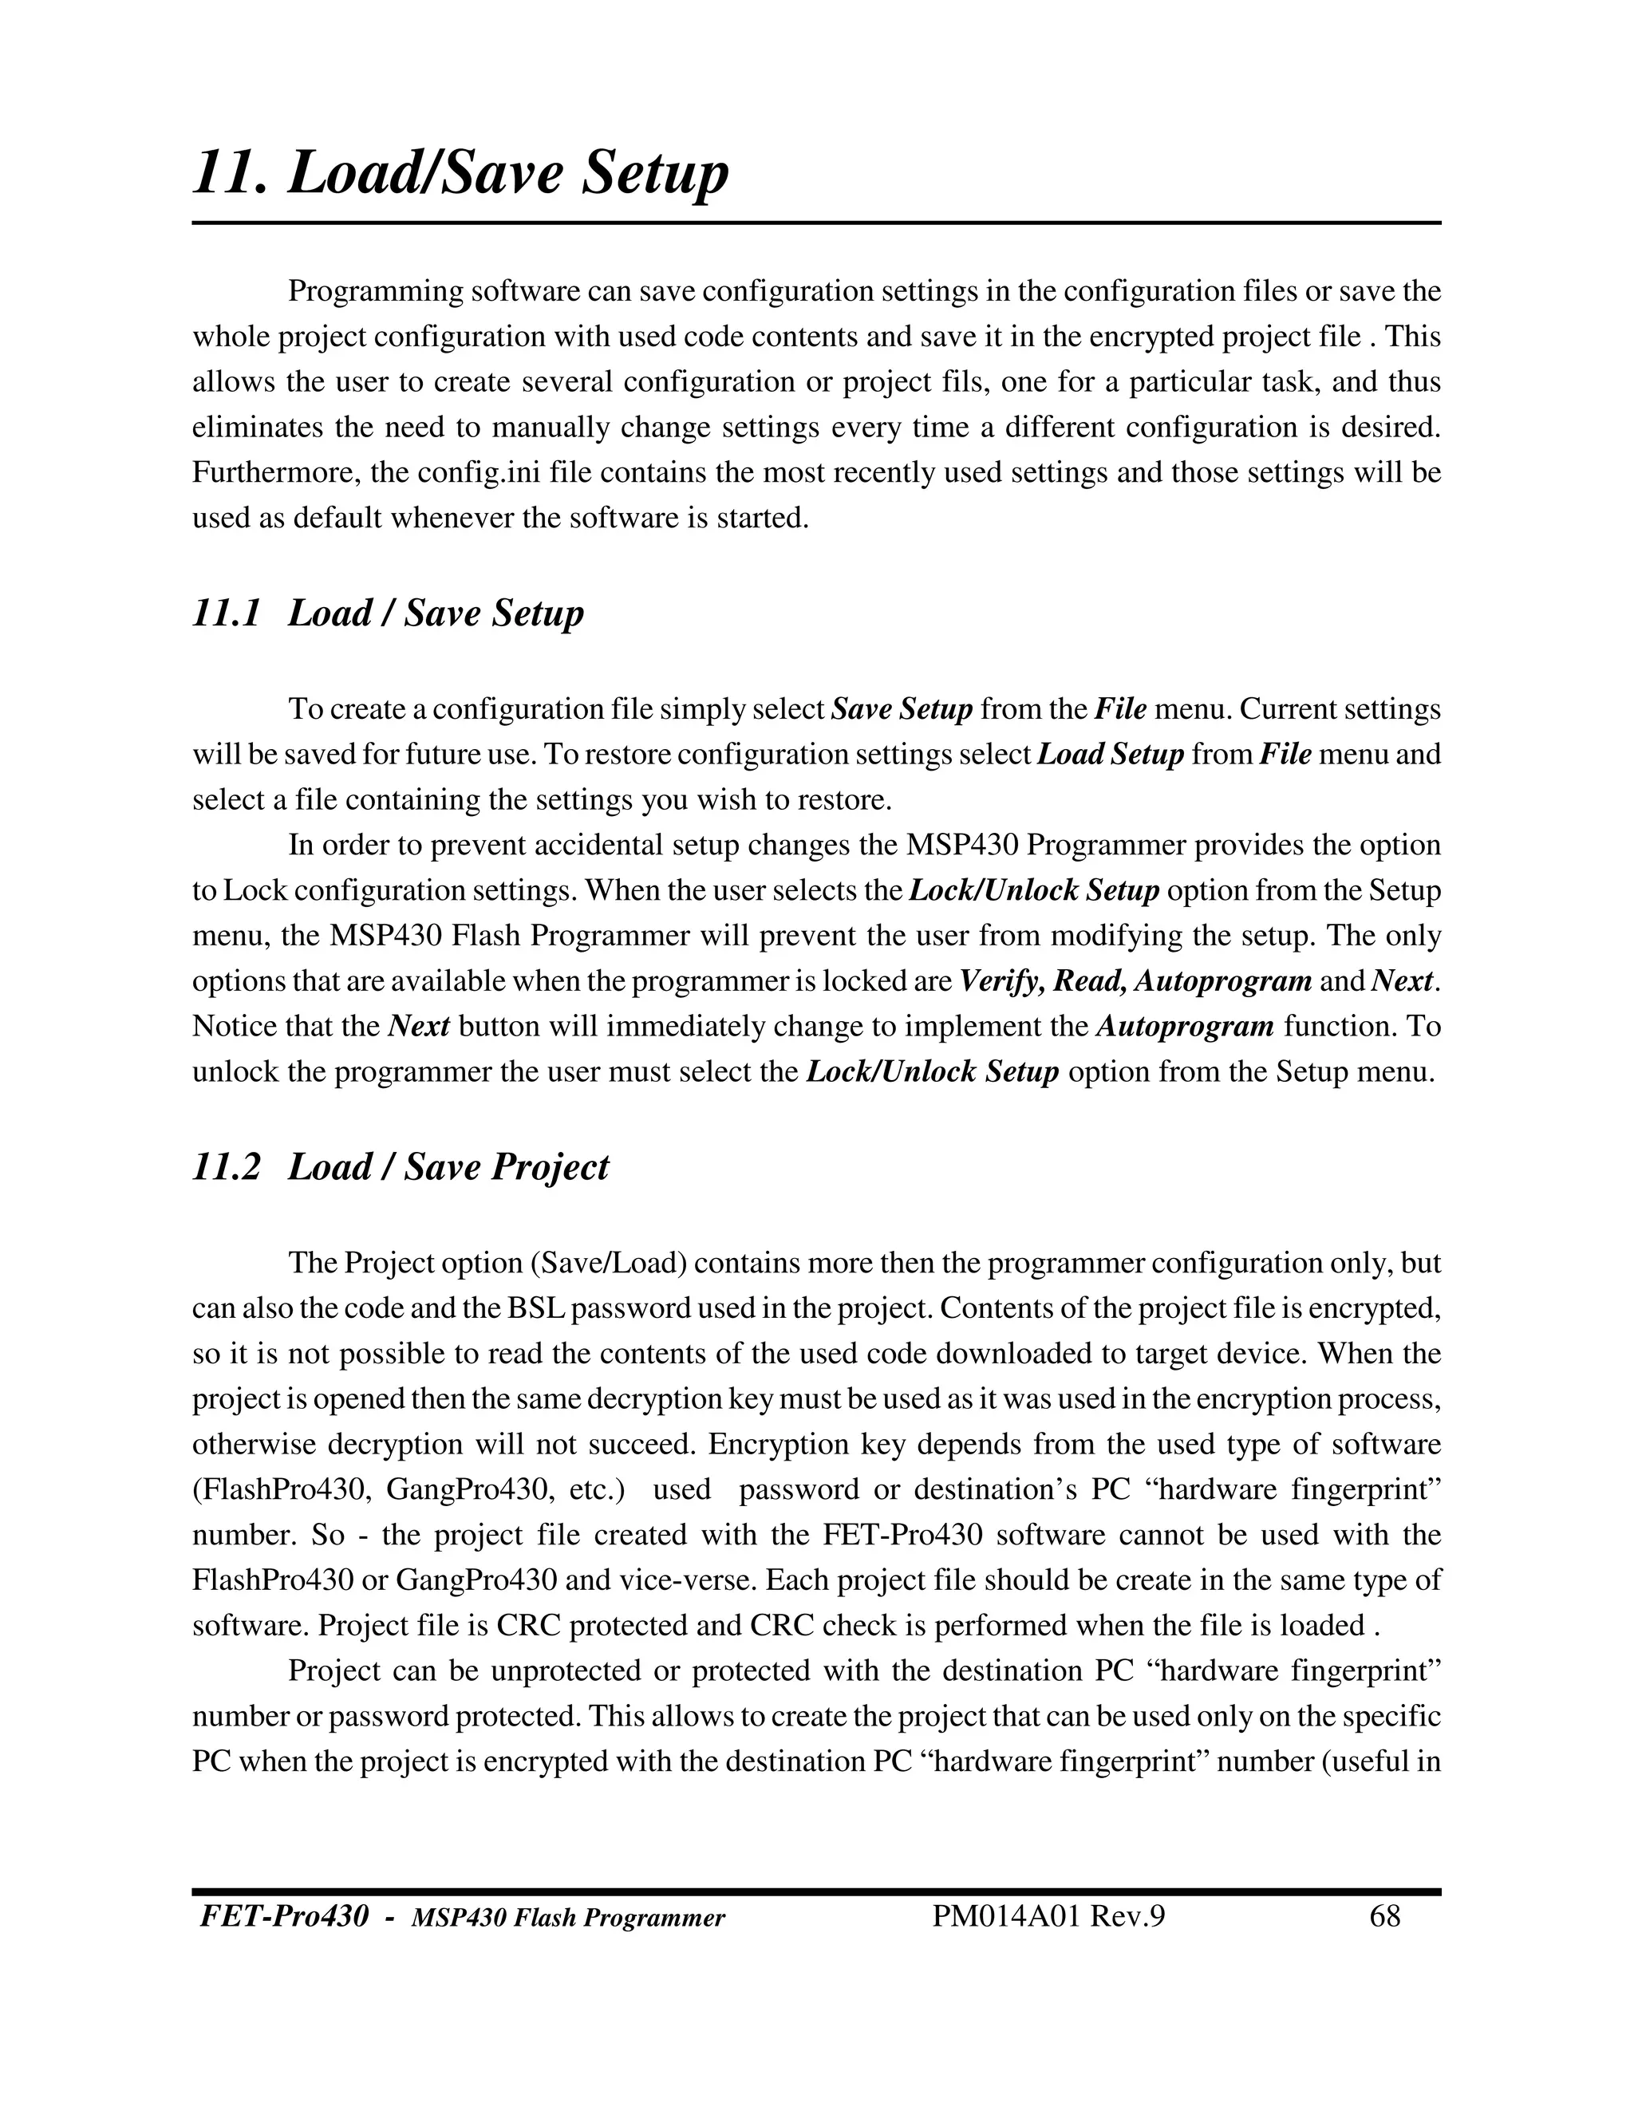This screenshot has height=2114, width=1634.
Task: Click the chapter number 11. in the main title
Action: [x=231, y=174]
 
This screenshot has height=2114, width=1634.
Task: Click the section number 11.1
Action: [x=227, y=613]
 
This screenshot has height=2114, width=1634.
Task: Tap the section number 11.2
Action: [x=227, y=1166]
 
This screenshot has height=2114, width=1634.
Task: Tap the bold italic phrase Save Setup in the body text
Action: [x=902, y=709]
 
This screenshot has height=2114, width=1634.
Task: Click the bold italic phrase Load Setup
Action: [x=1111, y=754]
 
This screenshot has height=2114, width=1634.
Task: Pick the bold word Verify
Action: [x=1001, y=981]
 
